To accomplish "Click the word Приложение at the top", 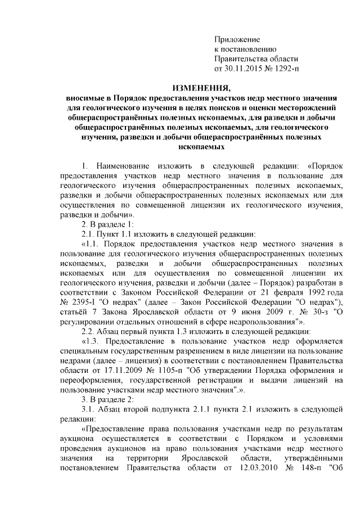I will click(x=237, y=40).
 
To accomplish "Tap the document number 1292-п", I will click(x=284, y=69).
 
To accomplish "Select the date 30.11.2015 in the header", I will click(x=243, y=69).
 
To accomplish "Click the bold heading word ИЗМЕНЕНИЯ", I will click(x=201, y=88).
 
